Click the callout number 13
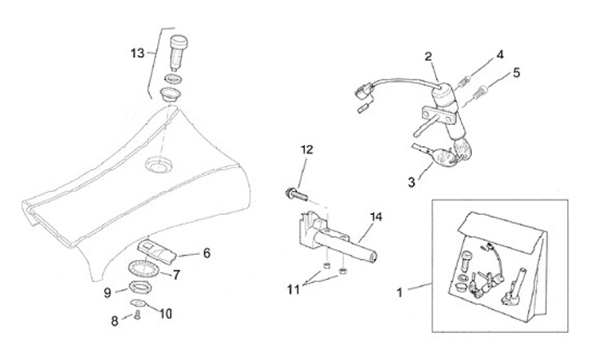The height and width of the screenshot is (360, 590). (138, 53)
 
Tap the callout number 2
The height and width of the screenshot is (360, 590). (428, 56)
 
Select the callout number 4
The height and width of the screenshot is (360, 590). (499, 57)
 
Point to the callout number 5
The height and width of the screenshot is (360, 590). (516, 72)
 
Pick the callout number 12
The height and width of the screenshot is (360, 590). (306, 149)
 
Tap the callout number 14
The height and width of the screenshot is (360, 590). (376, 217)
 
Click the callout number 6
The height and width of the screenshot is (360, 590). (206, 253)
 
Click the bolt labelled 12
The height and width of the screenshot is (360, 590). (296, 194)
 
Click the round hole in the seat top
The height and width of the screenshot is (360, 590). (157, 166)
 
